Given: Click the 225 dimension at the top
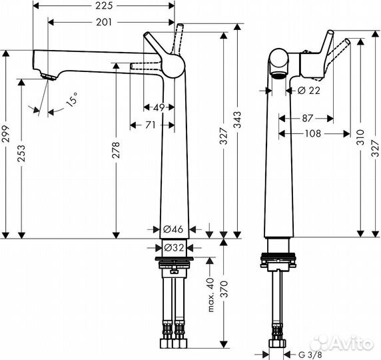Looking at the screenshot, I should click(103, 7).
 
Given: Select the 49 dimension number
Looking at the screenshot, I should click(159, 107).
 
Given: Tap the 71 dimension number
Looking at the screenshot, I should click(151, 125).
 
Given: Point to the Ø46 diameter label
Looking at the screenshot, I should click(173, 229).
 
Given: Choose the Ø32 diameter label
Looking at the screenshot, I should click(173, 247).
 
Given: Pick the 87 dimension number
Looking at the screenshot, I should click(308, 118).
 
